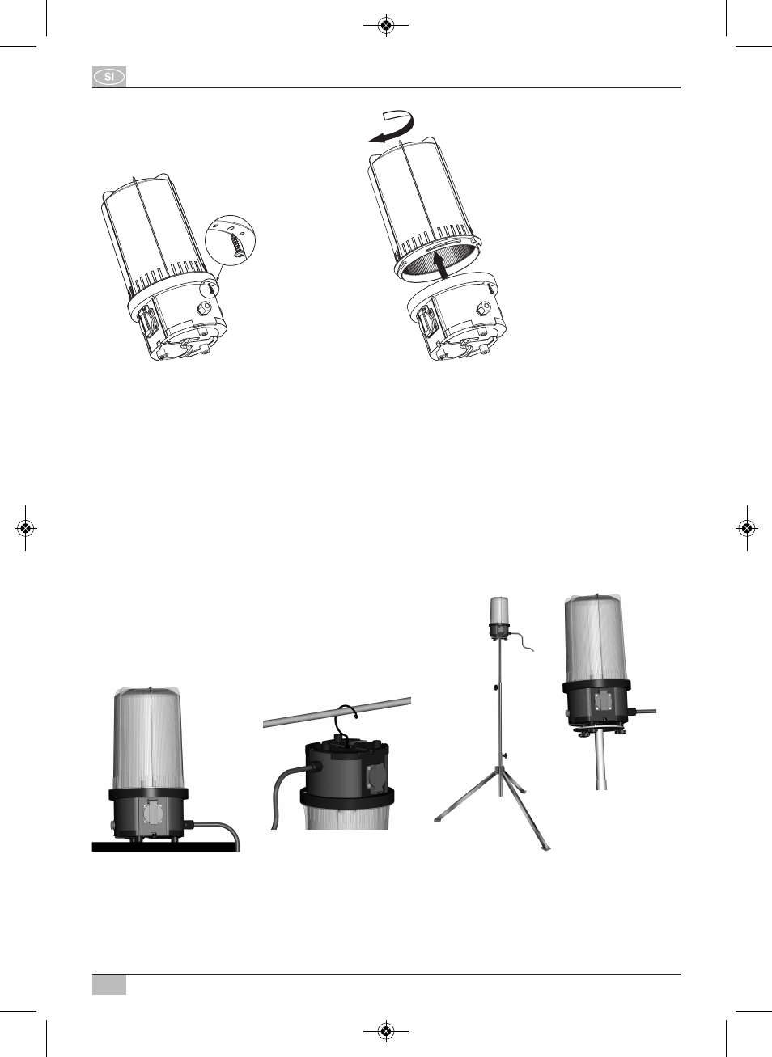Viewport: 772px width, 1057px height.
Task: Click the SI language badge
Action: (x=109, y=77)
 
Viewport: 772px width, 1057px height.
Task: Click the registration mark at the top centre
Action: (x=386, y=26)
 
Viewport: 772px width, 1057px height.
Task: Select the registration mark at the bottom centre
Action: (x=386, y=1031)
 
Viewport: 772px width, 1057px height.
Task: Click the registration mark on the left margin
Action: (x=26, y=528)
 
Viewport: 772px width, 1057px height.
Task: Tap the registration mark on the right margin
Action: (x=746, y=528)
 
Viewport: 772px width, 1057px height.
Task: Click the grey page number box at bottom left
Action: (x=109, y=984)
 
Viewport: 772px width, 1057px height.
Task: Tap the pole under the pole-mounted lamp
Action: (x=600, y=760)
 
